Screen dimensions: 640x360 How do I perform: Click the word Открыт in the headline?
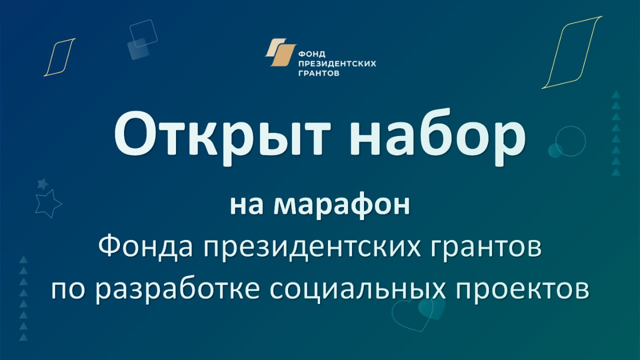click(x=222, y=137)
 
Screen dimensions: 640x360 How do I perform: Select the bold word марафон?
click(x=342, y=205)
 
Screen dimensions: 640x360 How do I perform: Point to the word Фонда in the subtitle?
click(x=145, y=247)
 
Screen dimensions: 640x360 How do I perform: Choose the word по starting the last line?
click(x=68, y=290)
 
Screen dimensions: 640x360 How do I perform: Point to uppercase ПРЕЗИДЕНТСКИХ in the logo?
click(x=337, y=63)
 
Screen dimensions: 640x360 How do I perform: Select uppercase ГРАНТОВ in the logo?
click(x=319, y=73)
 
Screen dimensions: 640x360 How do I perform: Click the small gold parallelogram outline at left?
click(x=59, y=57)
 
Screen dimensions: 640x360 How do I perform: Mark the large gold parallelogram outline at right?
click(x=571, y=52)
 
